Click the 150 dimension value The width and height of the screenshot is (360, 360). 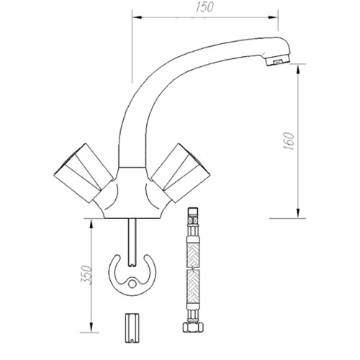pos(204,7)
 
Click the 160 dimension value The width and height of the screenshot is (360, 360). pos(289,141)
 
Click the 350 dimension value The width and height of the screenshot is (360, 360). pos(86,275)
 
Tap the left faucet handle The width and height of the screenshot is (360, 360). pos(83,173)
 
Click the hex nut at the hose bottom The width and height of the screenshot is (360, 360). pos(193,327)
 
